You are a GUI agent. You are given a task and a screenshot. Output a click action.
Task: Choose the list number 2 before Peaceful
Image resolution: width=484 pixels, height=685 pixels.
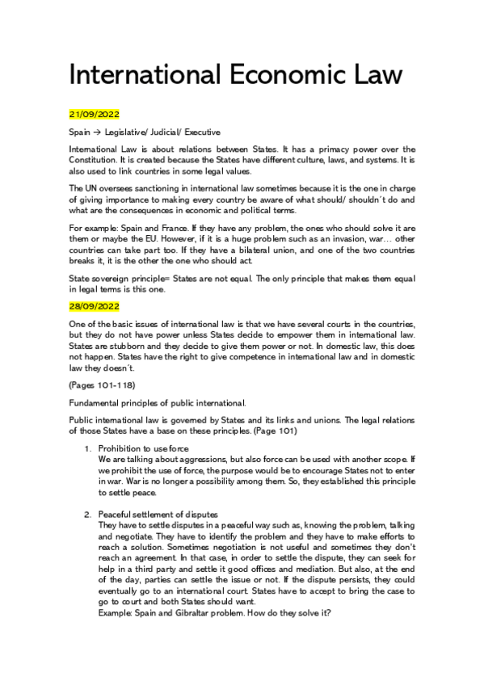tap(87, 515)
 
